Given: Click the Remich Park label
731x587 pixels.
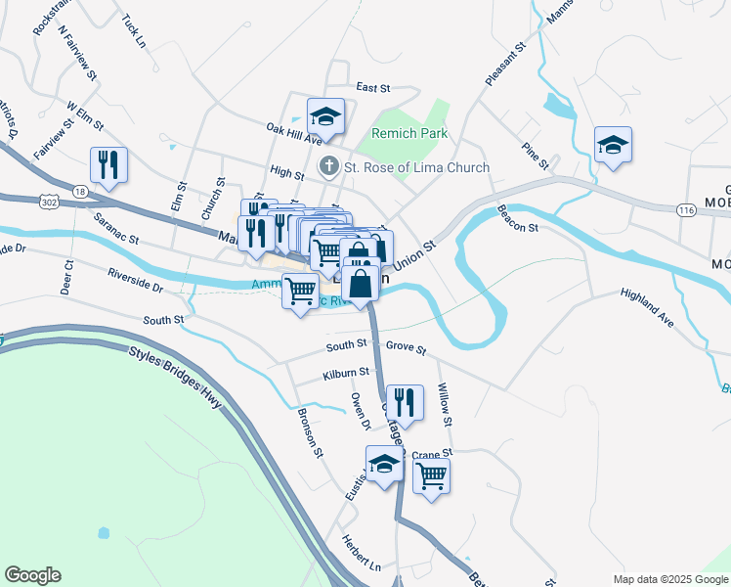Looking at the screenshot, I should (409, 133).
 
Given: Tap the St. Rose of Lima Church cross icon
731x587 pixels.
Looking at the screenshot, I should (330, 167).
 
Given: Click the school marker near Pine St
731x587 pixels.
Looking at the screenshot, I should (613, 147).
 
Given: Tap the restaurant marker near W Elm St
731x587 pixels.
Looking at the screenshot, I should (108, 165).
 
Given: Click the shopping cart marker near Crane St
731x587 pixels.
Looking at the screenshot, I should (431, 477).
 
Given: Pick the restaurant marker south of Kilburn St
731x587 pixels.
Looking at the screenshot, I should (405, 403).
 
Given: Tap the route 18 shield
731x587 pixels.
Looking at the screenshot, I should (79, 191).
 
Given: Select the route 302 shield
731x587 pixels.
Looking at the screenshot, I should (48, 201).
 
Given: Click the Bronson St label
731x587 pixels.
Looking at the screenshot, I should (309, 431).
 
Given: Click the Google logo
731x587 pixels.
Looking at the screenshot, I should (32, 575).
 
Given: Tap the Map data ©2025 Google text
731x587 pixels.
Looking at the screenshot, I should (669, 579).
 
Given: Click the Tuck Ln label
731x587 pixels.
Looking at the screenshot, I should (134, 30).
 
